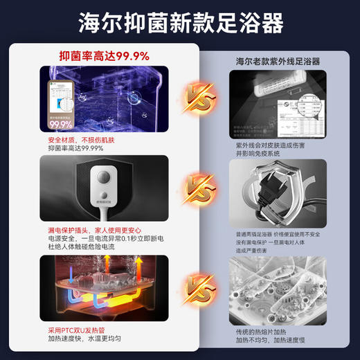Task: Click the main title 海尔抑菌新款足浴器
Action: point(180,22)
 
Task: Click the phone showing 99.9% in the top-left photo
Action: point(61,106)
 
